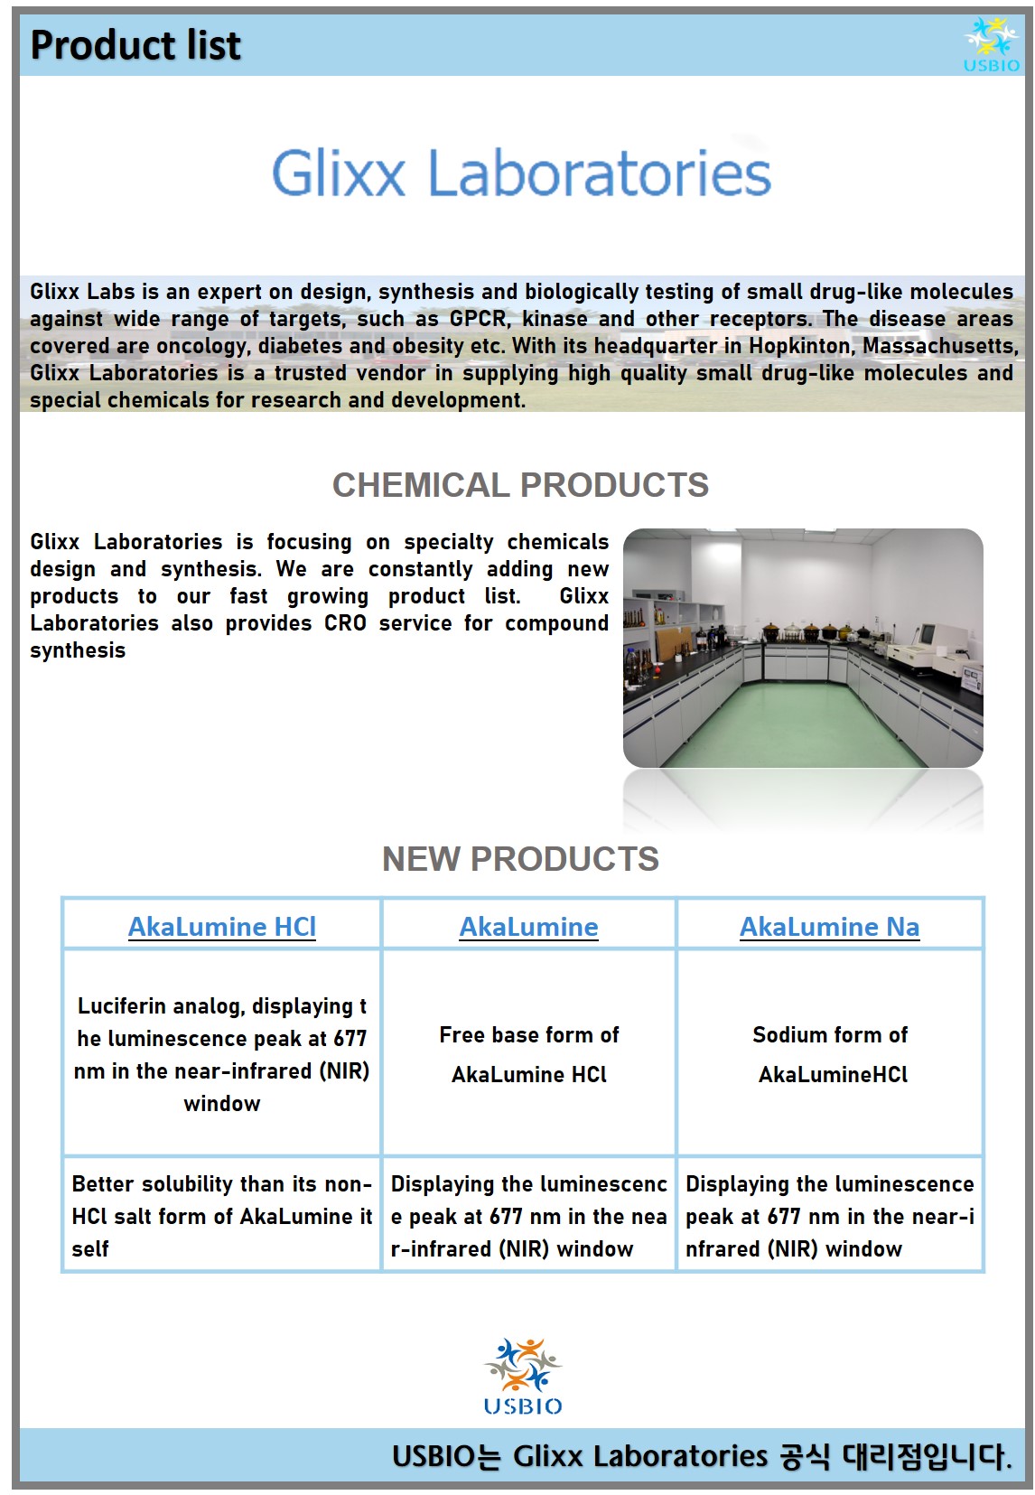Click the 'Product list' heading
[x=135, y=45]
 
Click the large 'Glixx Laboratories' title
[x=521, y=173]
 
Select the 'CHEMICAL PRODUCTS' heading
[x=520, y=485]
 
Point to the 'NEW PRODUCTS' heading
[x=520, y=859]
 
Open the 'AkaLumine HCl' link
[x=222, y=927]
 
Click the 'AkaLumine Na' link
[x=829, y=927]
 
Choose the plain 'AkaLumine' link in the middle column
[x=528, y=927]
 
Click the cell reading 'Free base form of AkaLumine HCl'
[x=529, y=1054]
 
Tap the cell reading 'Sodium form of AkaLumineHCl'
[x=830, y=1054]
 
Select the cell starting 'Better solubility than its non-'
[x=222, y=1216]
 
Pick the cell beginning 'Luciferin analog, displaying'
[x=222, y=1054]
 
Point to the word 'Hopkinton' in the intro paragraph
[x=799, y=346]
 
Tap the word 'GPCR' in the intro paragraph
[x=478, y=319]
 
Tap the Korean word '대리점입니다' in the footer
[x=926, y=1456]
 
